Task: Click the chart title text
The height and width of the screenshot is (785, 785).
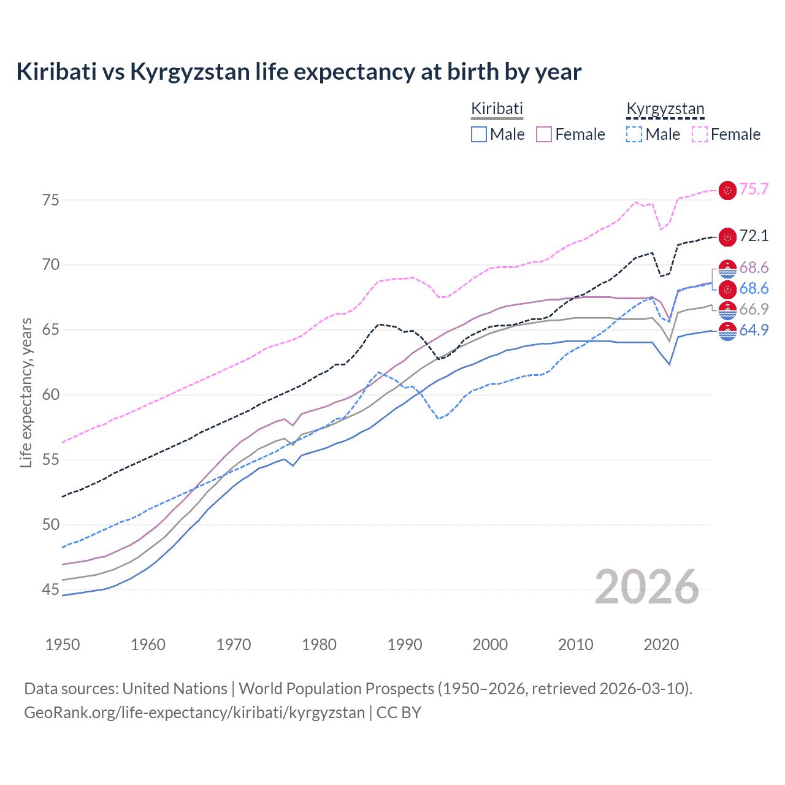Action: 299,72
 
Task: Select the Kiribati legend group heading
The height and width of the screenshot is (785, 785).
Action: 497,109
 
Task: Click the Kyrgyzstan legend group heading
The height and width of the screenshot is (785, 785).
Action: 665,109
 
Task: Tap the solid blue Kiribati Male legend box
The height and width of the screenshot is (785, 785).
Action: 479,134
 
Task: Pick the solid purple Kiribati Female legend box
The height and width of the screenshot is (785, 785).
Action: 544,134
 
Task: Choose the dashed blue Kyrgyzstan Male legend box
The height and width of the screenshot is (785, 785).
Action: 634,134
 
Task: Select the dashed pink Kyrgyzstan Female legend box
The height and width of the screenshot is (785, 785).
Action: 700,134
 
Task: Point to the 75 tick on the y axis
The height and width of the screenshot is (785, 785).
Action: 51,200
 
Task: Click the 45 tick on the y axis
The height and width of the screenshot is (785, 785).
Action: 51,589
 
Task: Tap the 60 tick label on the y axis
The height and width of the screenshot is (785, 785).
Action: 51,394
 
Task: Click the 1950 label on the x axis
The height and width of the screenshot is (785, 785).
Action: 63,645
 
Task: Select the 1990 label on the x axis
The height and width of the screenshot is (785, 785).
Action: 405,645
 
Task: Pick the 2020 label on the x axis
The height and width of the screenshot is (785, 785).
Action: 661,645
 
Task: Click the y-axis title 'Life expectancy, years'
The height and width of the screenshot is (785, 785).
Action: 26,393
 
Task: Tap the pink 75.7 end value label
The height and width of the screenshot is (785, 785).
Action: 754,189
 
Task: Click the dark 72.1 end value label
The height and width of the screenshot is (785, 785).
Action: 754,236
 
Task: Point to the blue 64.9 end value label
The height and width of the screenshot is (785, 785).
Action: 754,330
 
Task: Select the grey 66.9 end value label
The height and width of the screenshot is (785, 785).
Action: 754,309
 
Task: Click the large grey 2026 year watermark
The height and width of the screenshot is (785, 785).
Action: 647,587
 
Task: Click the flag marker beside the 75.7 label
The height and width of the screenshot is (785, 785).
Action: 727,190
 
